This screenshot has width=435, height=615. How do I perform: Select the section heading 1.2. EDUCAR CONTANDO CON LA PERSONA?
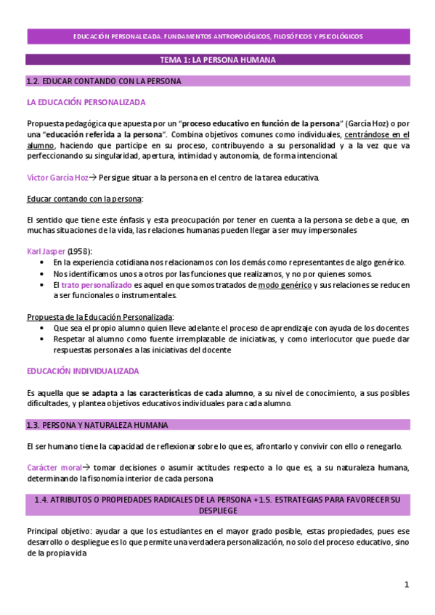point(104,81)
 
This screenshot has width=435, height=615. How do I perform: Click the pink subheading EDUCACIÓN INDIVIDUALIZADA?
point(83,371)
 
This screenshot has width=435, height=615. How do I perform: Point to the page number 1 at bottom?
point(407,584)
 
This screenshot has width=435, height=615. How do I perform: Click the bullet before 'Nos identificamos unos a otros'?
point(45,274)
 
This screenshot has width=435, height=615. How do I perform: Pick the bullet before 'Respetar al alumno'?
point(45,339)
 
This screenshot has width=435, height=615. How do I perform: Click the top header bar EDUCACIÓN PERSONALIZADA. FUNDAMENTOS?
point(218,36)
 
